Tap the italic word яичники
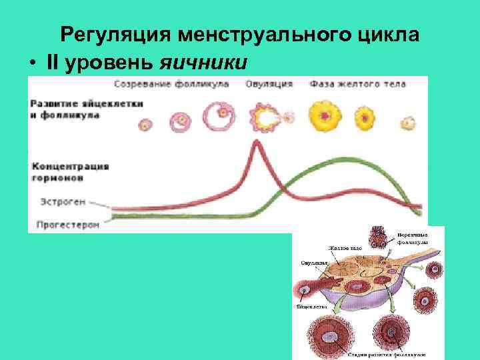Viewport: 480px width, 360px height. pyautogui.click(x=204, y=62)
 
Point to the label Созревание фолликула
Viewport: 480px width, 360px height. pyautogui.click(x=171, y=85)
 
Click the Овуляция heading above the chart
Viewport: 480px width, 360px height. pyautogui.click(x=269, y=85)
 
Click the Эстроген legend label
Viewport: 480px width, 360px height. pyautogui.click(x=59, y=201)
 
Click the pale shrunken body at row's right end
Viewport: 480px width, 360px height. pyautogui.click(x=407, y=123)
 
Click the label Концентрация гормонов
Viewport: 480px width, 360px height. pyautogui.click(x=70, y=172)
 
